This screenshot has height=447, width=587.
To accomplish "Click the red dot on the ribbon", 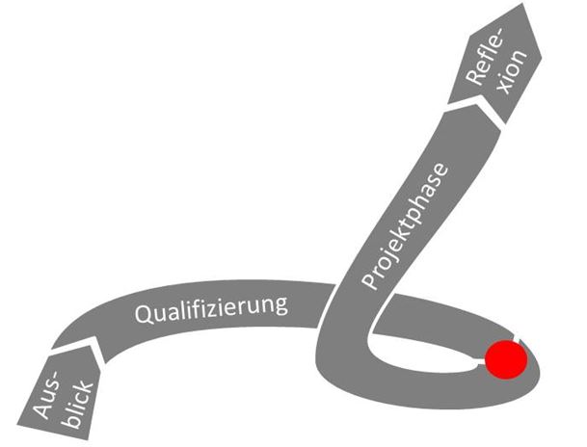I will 505,360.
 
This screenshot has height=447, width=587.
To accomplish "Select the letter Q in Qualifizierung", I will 142,316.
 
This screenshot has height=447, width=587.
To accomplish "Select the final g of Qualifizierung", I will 281,306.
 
